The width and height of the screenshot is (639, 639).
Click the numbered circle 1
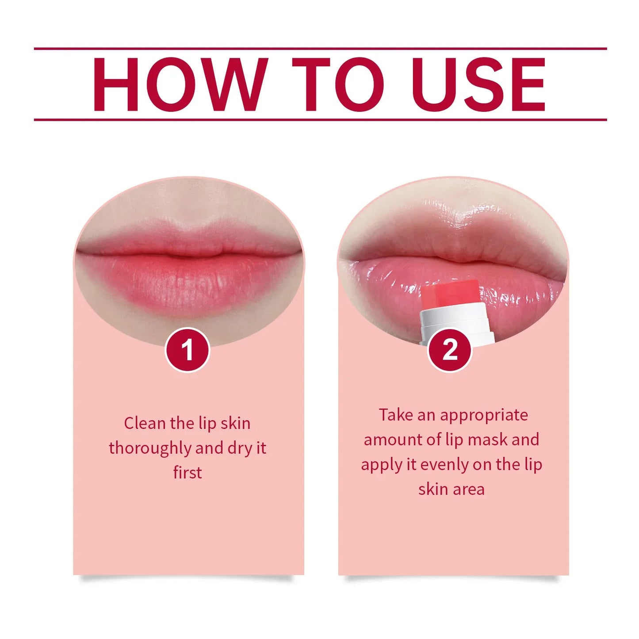click(x=187, y=350)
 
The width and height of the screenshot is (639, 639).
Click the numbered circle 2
click(x=450, y=350)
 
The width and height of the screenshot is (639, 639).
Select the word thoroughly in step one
click(x=150, y=448)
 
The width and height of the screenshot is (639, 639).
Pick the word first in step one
click(x=187, y=473)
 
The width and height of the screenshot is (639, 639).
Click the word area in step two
click(x=471, y=490)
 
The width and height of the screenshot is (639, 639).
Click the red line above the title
click(x=320, y=49)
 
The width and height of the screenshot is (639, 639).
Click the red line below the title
click(x=320, y=119)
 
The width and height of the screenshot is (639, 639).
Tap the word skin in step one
click(x=235, y=423)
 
